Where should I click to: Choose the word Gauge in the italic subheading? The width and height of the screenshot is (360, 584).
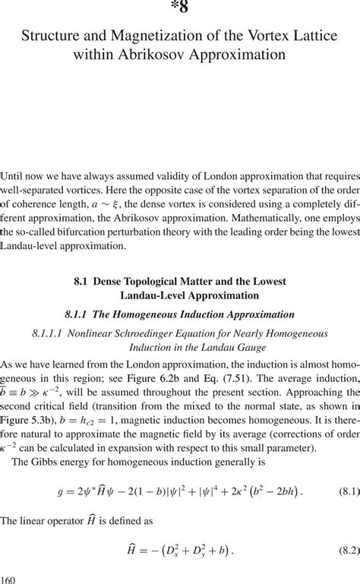[232, 347]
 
